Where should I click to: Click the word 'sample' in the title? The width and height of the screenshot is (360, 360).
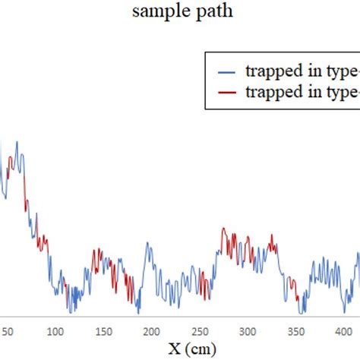[156, 11]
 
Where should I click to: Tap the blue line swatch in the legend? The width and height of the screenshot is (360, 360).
[226, 72]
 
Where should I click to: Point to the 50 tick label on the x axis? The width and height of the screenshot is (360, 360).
[8, 332]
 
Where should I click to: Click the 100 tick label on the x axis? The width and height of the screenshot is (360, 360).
[55, 332]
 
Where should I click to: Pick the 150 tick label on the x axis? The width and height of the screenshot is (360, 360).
[103, 332]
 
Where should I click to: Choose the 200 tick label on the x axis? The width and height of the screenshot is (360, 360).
[152, 332]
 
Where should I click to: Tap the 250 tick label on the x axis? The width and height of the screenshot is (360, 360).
[200, 332]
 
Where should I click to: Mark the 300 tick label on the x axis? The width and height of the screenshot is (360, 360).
[248, 332]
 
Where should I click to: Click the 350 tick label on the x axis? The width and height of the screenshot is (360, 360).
[295, 332]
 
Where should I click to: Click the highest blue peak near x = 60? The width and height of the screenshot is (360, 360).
[17, 142]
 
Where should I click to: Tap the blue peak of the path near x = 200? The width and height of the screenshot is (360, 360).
[149, 245]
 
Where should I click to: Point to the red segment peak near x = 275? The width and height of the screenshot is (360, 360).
[223, 228]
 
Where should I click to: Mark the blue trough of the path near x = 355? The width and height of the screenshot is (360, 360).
[302, 311]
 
